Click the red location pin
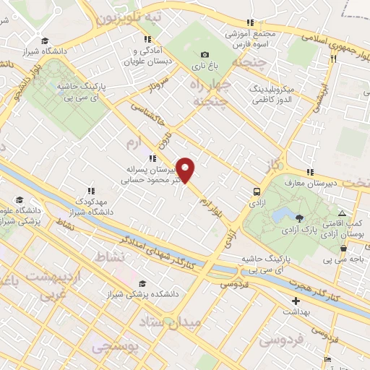[186, 169]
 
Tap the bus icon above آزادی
[257, 192]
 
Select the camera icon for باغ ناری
[205, 55]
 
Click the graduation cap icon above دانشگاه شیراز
[45, 40]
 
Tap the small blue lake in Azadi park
[283, 214]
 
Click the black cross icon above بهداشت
[295, 300]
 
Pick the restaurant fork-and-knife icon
[333, 59]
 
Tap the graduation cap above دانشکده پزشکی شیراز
[142, 284]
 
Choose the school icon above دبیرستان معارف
[309, 172]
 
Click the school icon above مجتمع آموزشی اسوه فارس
[250, 22]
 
